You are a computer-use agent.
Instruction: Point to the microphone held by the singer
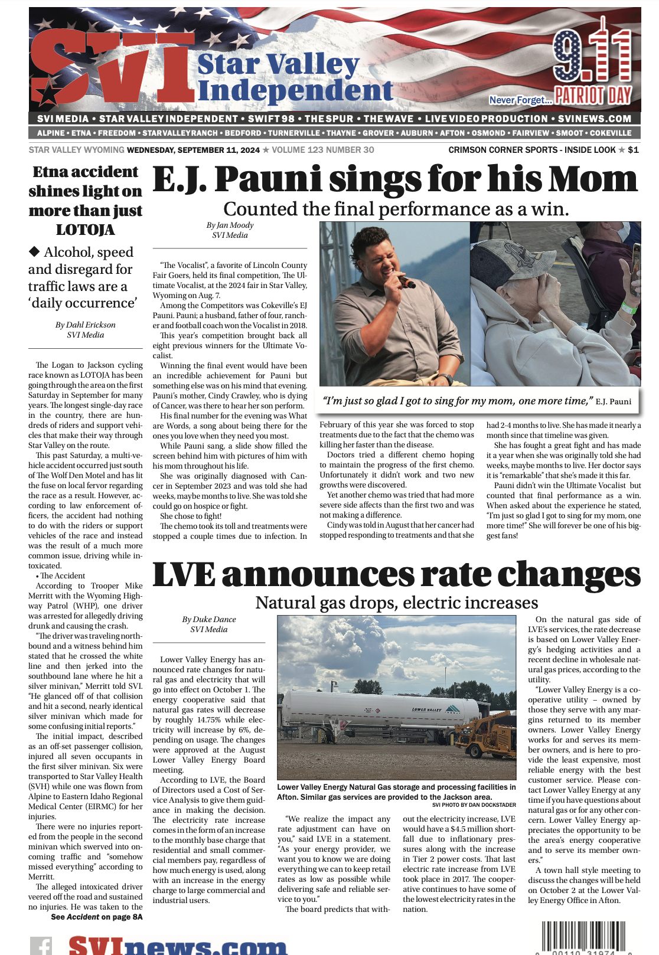406,282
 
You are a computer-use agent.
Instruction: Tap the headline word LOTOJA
86,230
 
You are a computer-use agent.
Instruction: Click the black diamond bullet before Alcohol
35,252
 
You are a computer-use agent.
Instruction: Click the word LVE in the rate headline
184,574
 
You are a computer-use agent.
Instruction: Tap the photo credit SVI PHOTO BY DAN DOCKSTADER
474,805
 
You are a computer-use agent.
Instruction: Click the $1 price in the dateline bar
633,150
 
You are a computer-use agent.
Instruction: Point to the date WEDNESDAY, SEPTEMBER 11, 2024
193,150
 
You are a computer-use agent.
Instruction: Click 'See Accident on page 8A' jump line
97,917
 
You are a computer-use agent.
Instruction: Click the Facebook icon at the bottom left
41,946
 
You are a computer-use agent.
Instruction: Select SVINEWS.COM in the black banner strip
595,119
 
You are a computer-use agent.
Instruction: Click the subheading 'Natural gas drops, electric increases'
396,603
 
